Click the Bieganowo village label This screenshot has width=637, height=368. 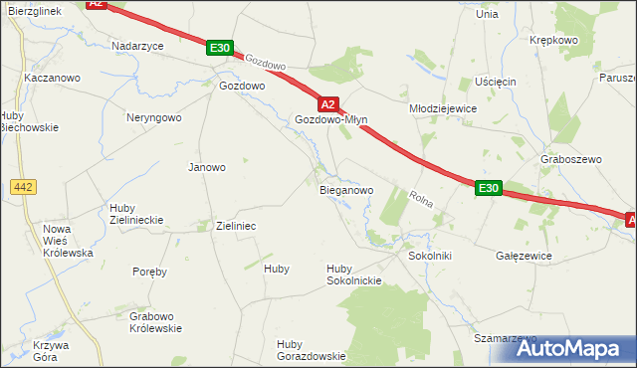[x=345, y=189]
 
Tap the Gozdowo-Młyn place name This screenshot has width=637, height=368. [x=331, y=119]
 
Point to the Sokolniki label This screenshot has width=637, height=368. [x=430, y=256]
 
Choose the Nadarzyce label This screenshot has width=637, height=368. [x=136, y=46]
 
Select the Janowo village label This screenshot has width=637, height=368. [x=207, y=167]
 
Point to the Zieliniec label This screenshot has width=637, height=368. [x=236, y=226]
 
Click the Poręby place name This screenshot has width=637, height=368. [x=149, y=271]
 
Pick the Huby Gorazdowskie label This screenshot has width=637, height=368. [x=311, y=350]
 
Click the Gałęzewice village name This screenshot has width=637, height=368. [x=524, y=256]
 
